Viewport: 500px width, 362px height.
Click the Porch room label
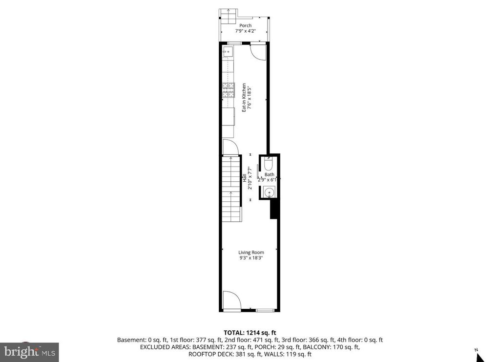pos(245,25)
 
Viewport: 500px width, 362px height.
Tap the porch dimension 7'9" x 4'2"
pos(245,31)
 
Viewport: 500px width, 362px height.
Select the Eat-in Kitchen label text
pos(244,98)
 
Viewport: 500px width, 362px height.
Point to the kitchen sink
pos(227,51)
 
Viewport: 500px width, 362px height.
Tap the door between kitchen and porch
pos(258,50)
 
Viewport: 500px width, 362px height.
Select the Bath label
pos(270,174)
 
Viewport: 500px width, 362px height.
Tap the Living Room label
pos(251,253)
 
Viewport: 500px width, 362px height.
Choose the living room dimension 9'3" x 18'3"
pos(251,258)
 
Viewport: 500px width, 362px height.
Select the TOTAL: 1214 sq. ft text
pos(250,333)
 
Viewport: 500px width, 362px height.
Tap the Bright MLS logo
pos(29,351)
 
